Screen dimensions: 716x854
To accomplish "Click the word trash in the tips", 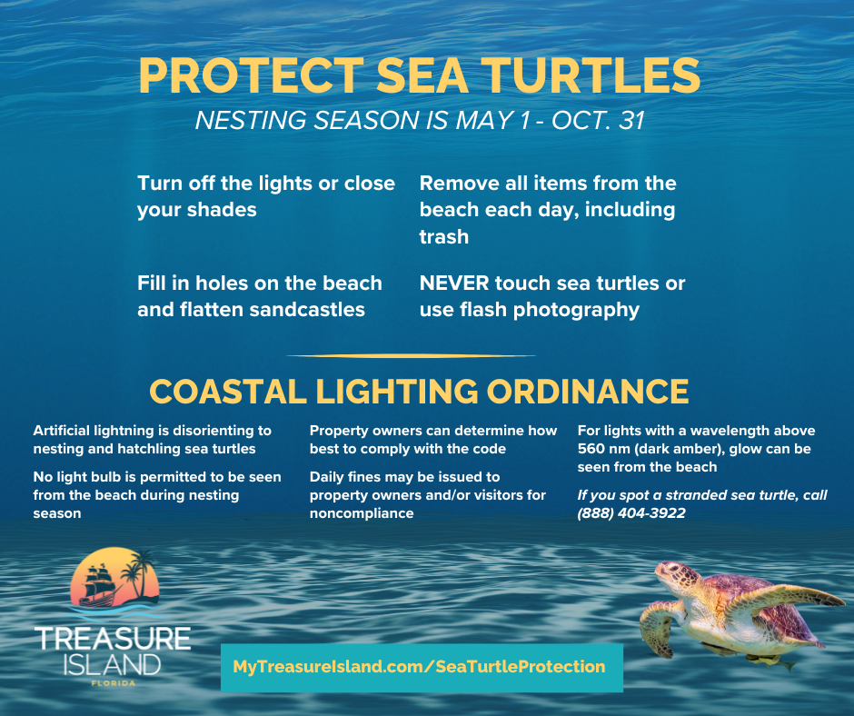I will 443,237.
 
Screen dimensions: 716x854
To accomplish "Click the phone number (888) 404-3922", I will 631,513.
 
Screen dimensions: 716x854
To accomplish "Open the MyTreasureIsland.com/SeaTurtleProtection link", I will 419,667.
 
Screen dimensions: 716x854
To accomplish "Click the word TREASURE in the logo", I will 112,638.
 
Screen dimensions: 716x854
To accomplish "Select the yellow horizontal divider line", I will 411,356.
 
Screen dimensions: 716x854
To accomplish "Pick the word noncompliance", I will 362,513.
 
